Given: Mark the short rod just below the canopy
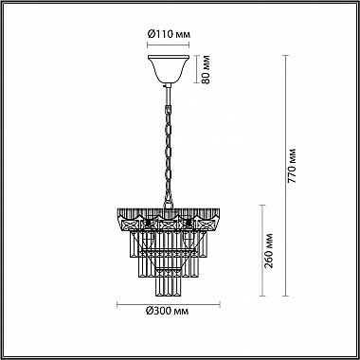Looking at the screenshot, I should pos(168,90).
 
